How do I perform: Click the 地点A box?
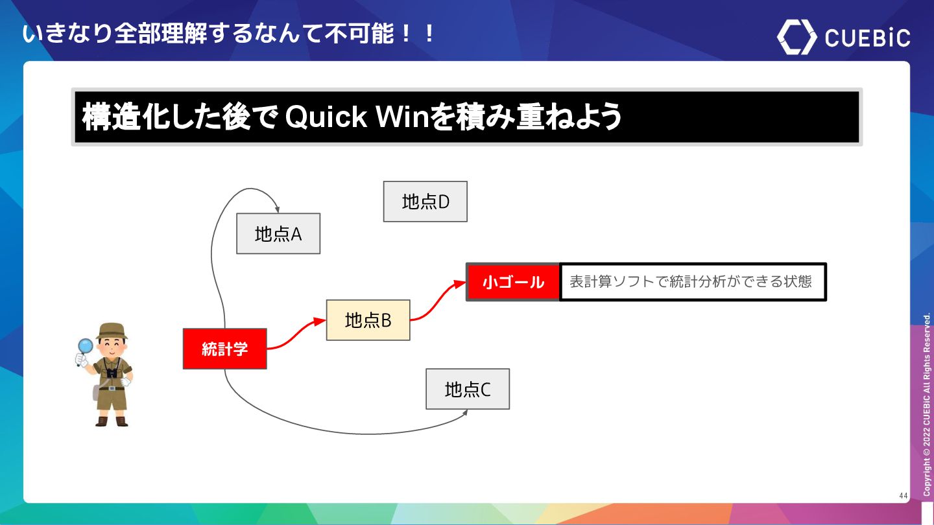coord(278,233)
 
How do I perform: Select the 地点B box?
coord(368,320)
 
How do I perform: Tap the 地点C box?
coord(467,389)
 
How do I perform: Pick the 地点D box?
coord(425,202)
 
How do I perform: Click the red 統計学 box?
coord(224,349)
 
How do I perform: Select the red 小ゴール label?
coord(513,282)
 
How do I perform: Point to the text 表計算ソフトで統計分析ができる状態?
coord(691,282)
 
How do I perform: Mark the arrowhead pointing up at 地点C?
coord(465,413)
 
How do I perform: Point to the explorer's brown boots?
coord(112,421)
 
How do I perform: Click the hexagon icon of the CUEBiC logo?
coord(796,37)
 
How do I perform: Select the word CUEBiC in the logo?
coord(867,38)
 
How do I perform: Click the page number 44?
coord(904,496)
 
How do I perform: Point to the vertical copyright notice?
coord(927,405)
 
